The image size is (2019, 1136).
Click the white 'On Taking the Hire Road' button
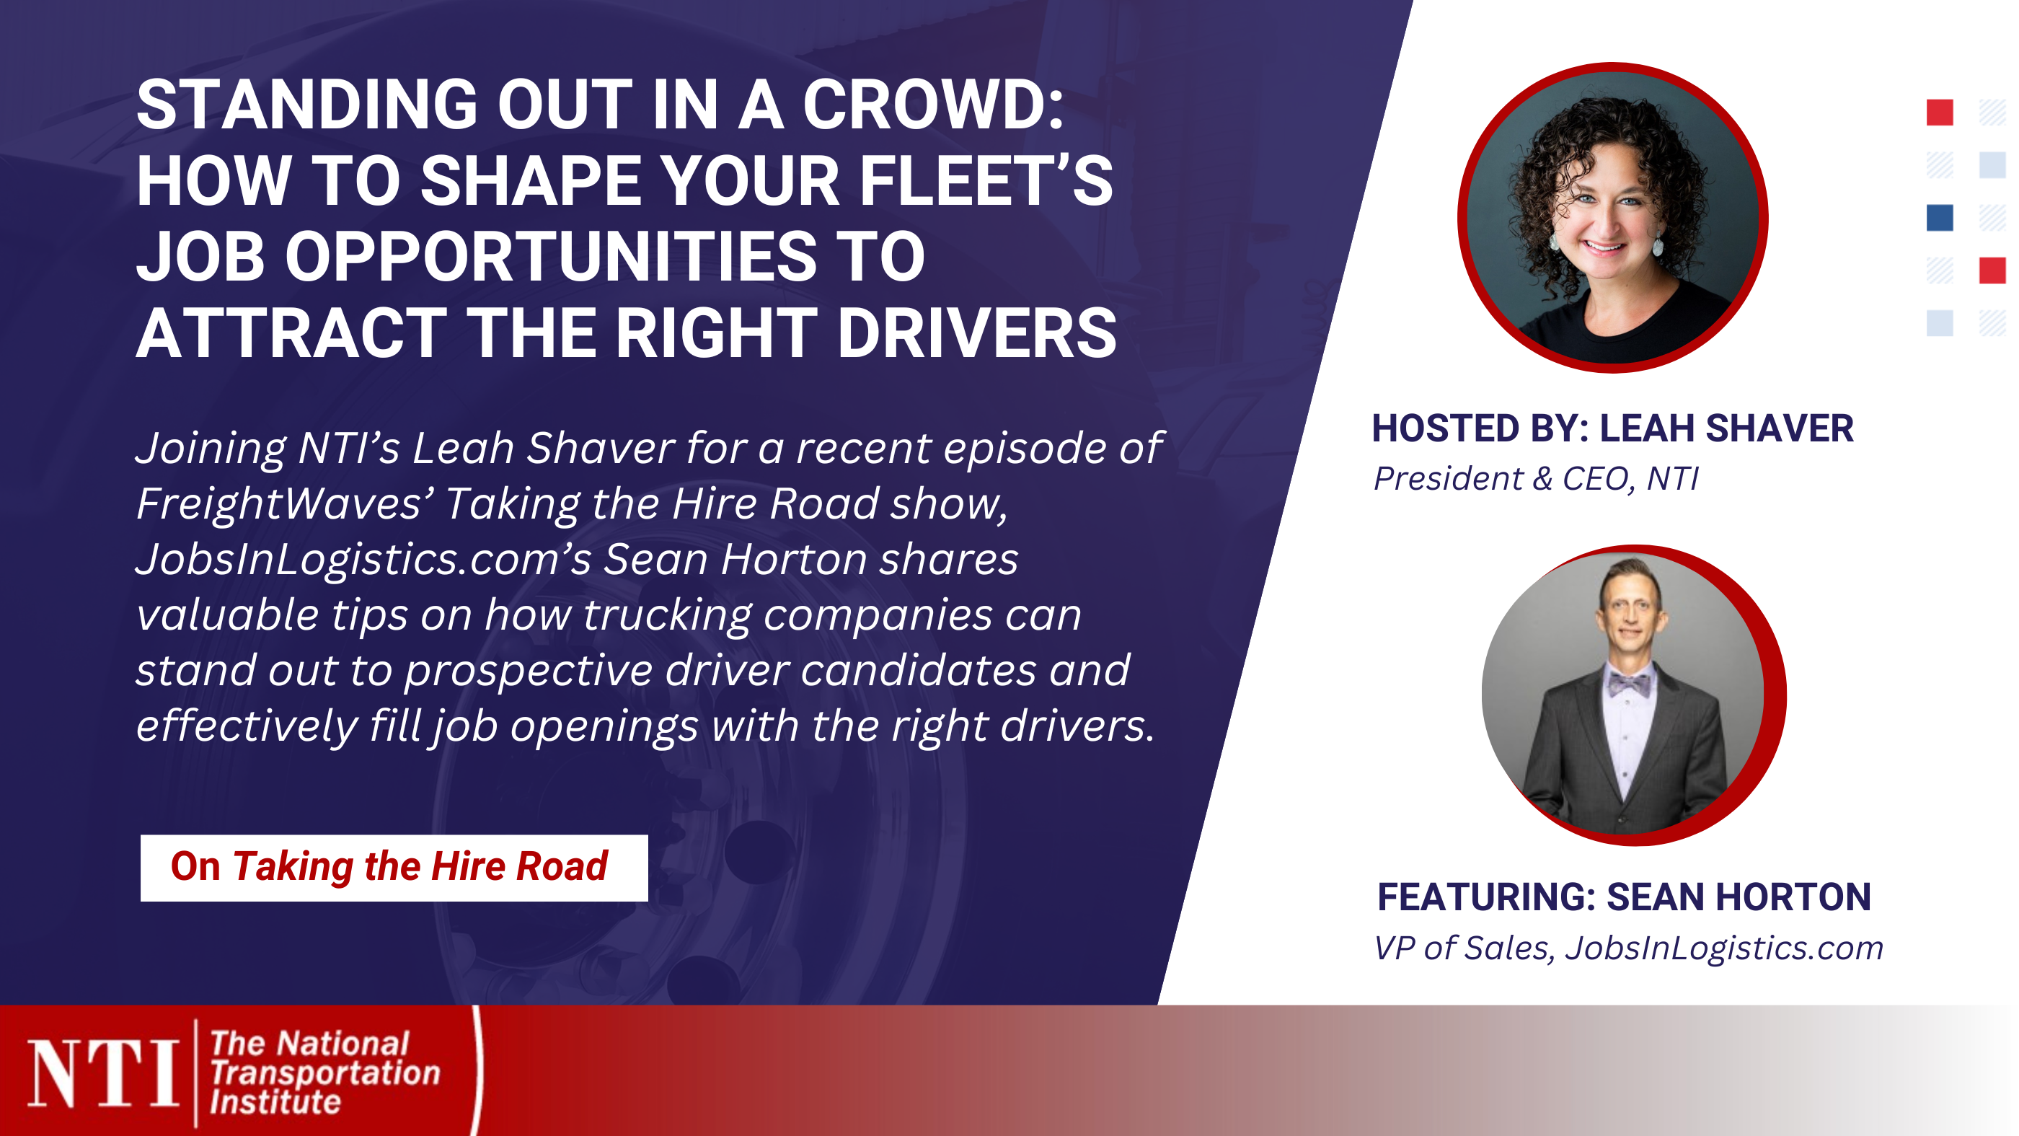coord(394,867)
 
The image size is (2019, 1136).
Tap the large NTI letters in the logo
coord(102,1074)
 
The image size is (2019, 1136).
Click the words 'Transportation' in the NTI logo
coord(324,1073)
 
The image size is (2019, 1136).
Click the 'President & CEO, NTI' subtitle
coord(1535,478)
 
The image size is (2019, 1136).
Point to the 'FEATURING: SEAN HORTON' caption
coord(1623,897)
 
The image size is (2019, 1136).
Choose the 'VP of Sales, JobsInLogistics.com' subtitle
coord(1628,948)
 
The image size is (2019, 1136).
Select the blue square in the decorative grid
coord(1939,218)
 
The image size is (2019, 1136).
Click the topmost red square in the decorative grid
coord(1939,112)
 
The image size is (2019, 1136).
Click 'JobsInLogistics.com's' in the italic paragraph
coord(363,559)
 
